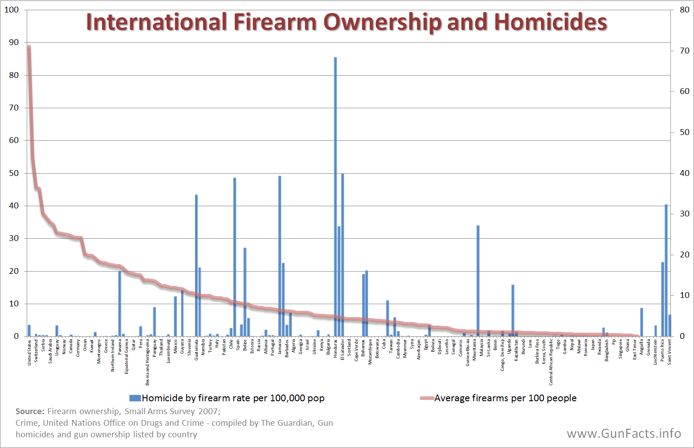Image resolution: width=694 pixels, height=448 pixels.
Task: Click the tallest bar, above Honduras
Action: coord(335,196)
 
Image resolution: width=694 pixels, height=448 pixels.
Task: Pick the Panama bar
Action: coord(120,303)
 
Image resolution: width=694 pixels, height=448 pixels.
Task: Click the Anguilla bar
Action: coord(641,322)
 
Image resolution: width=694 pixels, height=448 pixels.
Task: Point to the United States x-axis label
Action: coord(29,352)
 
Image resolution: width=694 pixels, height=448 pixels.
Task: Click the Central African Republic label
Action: coord(551,362)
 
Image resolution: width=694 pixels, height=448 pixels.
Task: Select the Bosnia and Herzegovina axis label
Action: coord(147,362)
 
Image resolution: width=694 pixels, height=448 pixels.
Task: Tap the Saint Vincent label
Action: coord(670,352)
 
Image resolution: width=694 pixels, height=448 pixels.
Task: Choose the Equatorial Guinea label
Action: coord(127,356)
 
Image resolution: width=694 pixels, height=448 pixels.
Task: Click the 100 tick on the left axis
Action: coord(12,10)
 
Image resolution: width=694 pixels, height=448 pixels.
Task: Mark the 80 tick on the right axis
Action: coord(684,10)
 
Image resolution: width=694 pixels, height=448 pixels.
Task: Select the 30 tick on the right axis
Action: coord(684,214)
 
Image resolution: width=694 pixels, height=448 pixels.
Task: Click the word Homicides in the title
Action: coord(551,22)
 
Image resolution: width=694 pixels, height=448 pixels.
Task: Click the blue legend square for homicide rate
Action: coord(135,398)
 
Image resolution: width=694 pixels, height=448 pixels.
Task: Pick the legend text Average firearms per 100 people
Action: coord(505,398)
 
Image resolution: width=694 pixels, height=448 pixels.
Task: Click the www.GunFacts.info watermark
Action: coord(624,433)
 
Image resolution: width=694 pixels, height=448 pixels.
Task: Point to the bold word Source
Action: coord(30,411)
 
